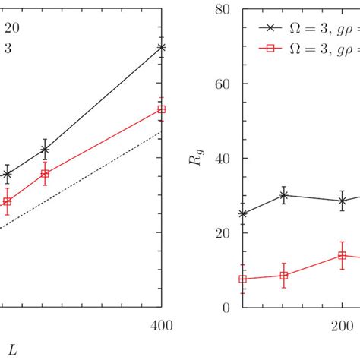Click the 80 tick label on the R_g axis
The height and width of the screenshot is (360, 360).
click(x=225, y=10)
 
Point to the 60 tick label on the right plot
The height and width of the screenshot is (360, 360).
click(x=225, y=84)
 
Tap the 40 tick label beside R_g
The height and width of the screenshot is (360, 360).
click(x=225, y=159)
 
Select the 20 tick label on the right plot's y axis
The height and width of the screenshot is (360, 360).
click(x=225, y=233)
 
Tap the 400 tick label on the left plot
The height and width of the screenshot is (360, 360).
click(x=161, y=326)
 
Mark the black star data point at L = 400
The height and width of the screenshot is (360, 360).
click(x=161, y=47)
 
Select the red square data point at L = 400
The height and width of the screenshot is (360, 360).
click(x=161, y=109)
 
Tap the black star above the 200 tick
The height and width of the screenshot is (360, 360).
click(x=343, y=201)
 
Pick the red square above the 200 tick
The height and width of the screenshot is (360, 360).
click(x=343, y=256)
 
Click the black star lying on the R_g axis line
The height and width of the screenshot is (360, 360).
click(x=242, y=214)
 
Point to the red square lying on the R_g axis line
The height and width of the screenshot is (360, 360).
click(x=242, y=279)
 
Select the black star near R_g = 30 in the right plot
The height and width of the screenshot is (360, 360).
click(x=284, y=195)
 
